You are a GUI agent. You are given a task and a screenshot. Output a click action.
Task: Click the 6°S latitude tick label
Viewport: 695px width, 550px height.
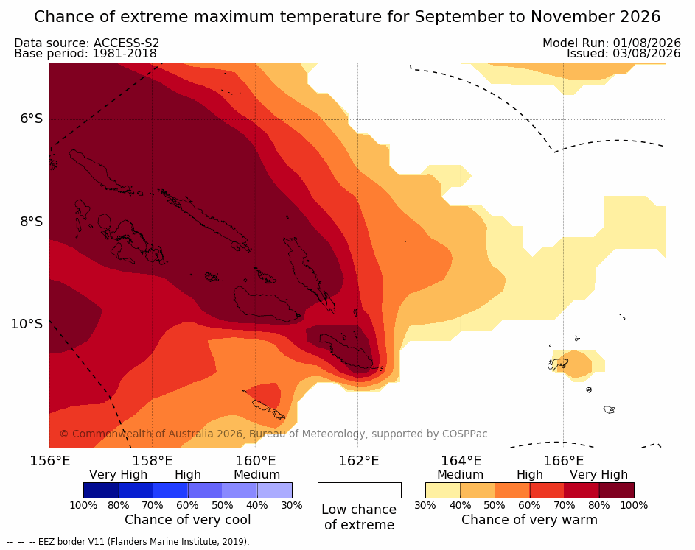(32, 119)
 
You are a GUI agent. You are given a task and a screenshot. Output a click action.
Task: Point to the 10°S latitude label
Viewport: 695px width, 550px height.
(27, 324)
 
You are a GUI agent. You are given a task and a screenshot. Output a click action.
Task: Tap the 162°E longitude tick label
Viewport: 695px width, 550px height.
(359, 461)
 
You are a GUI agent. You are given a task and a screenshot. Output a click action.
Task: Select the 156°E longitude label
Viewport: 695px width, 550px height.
(50, 461)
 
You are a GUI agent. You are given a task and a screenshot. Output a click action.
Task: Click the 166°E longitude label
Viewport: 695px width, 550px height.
(564, 461)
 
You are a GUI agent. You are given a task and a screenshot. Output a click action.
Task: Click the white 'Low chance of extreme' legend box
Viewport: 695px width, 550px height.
(360, 490)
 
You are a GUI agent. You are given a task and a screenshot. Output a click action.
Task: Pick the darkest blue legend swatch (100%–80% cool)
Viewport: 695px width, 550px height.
(101, 490)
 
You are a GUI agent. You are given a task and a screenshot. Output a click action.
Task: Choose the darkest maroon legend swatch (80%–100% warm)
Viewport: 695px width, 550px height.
(617, 490)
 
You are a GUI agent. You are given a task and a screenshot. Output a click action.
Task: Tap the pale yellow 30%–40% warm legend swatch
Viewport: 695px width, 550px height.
(443, 490)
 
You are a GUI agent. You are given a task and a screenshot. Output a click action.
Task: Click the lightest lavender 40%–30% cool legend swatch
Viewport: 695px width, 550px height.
(275, 490)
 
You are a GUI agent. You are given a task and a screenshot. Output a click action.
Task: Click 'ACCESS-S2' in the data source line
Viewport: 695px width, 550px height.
(126, 43)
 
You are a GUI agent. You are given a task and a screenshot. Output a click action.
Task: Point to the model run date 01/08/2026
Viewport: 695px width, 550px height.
(646, 43)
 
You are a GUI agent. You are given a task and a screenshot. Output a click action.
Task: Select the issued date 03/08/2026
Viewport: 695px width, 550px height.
(646, 54)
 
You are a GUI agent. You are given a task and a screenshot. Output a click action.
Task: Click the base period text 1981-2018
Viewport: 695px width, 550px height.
(125, 54)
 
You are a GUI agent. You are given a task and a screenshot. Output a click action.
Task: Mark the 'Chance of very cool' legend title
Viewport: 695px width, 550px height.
(187, 520)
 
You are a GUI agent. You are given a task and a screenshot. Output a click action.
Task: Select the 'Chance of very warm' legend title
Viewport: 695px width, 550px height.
(529, 520)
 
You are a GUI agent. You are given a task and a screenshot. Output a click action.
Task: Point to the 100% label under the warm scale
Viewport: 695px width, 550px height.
(635, 505)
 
